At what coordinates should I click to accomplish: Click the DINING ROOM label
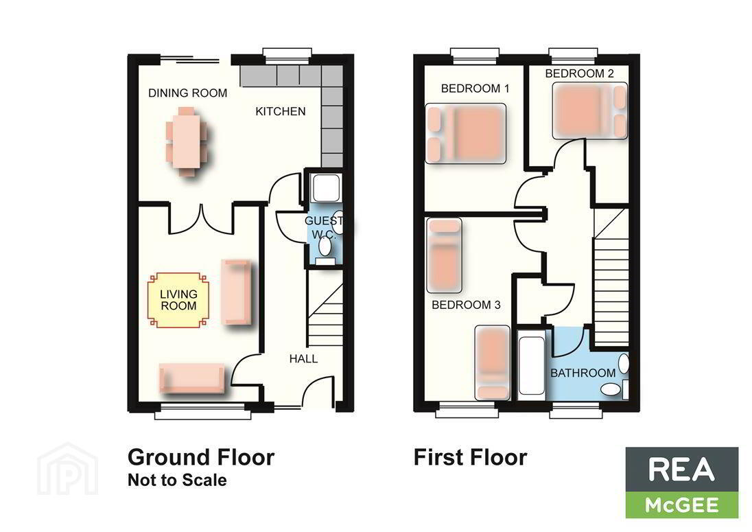[x=187, y=93]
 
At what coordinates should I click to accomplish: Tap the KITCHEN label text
[x=281, y=111]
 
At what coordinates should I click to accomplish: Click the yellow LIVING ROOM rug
[x=178, y=300]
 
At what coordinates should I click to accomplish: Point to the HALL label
[x=303, y=359]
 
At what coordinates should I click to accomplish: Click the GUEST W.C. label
[x=325, y=227]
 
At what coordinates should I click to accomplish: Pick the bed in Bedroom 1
[x=466, y=134]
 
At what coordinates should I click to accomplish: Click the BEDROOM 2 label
[x=579, y=73]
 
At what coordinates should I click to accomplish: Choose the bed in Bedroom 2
[x=590, y=111]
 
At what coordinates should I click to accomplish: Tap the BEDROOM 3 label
[x=466, y=305]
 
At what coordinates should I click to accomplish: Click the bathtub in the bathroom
[x=531, y=365]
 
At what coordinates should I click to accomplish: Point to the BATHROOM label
[x=583, y=373]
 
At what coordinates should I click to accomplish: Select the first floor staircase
[x=611, y=277]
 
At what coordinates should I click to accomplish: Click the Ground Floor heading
[x=201, y=457]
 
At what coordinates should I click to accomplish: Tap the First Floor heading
[x=471, y=457]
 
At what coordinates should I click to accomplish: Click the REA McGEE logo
[x=681, y=483]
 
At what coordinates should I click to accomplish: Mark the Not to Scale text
[x=177, y=481]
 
